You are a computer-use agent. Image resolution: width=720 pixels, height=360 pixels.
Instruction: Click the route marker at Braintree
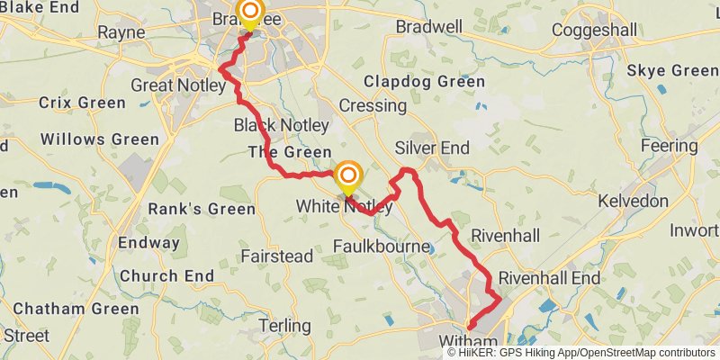tap(249, 13)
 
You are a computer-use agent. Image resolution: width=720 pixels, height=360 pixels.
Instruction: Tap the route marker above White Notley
tap(347, 173)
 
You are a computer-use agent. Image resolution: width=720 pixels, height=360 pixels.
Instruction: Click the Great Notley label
tap(174, 85)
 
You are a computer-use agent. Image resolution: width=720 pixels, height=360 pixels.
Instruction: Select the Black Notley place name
tap(281, 124)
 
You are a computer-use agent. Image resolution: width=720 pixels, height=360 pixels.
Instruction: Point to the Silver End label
tap(432, 148)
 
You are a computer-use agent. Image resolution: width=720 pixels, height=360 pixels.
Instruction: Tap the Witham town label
tap(468, 341)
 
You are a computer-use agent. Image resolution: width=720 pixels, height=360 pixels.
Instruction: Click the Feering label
tap(668, 146)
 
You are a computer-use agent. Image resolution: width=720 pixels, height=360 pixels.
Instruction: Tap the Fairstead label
tap(277, 256)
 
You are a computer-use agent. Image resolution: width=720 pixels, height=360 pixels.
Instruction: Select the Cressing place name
tap(373, 105)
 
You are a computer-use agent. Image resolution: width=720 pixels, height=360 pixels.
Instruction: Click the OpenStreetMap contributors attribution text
tap(645, 353)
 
